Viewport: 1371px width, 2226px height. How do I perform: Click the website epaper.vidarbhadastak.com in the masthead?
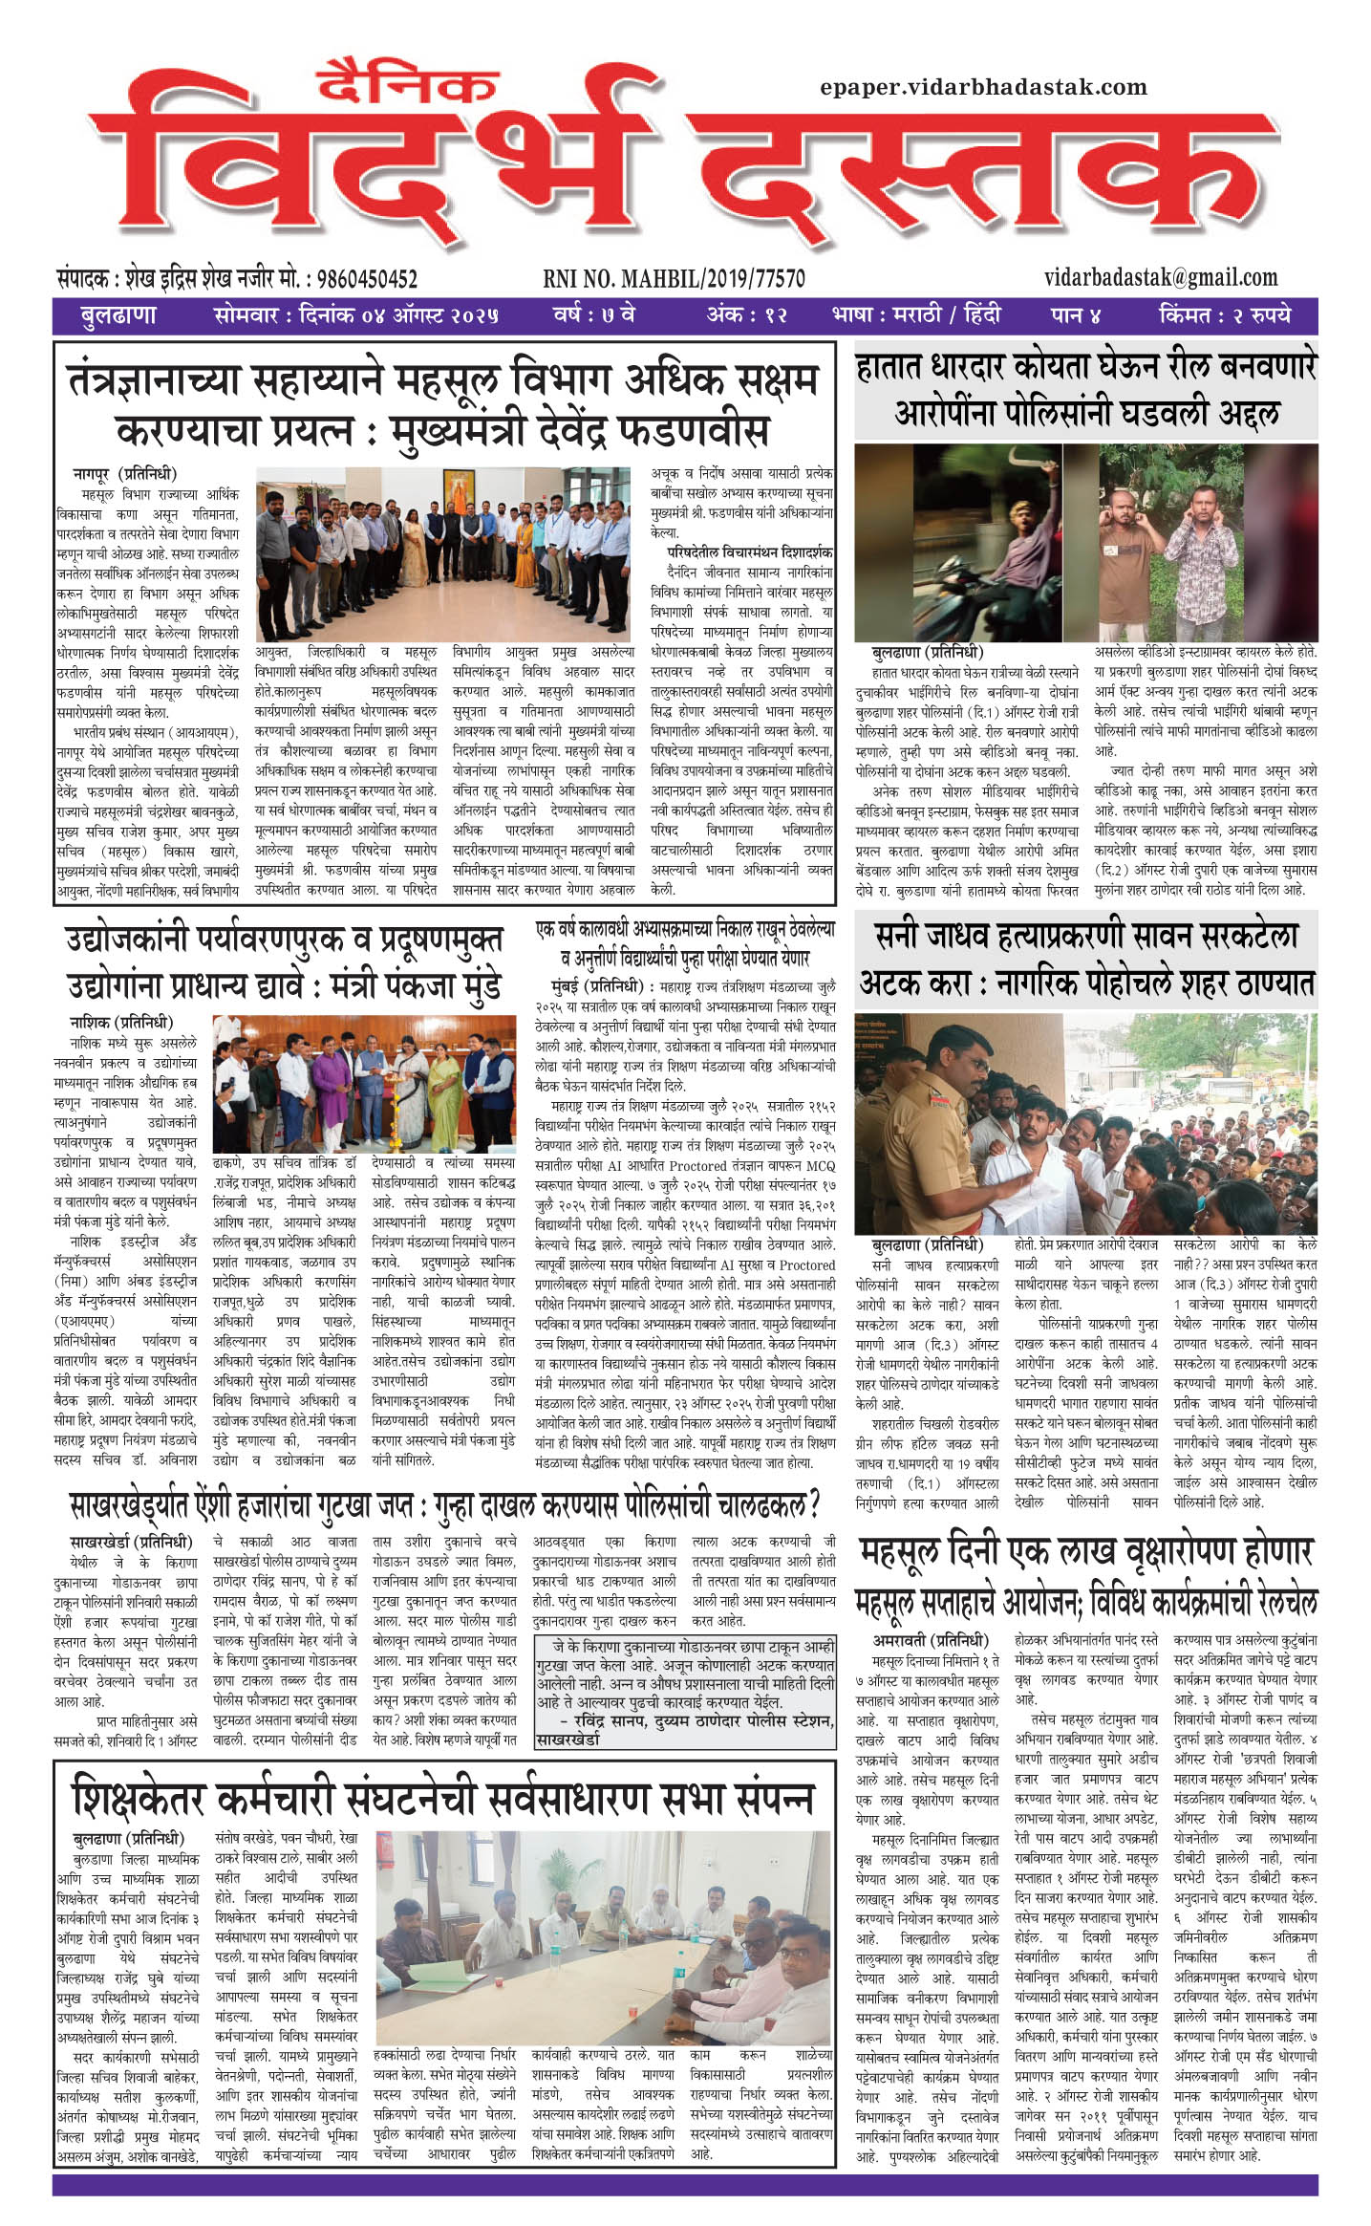[x=983, y=87]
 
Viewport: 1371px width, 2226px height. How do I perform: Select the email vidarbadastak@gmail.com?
[x=1161, y=277]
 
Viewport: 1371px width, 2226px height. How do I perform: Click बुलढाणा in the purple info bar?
[x=118, y=314]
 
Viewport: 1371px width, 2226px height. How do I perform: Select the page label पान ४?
[x=1076, y=314]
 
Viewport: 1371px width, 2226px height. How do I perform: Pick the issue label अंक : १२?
[x=746, y=314]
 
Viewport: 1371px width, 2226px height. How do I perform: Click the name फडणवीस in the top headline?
[x=682, y=431]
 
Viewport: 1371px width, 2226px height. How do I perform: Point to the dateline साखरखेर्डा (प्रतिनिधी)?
[x=131, y=1542]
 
